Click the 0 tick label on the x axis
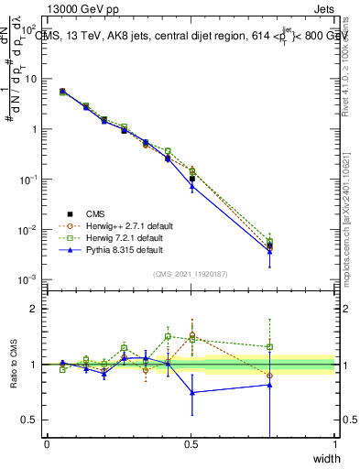[47, 444]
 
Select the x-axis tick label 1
[334, 444]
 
